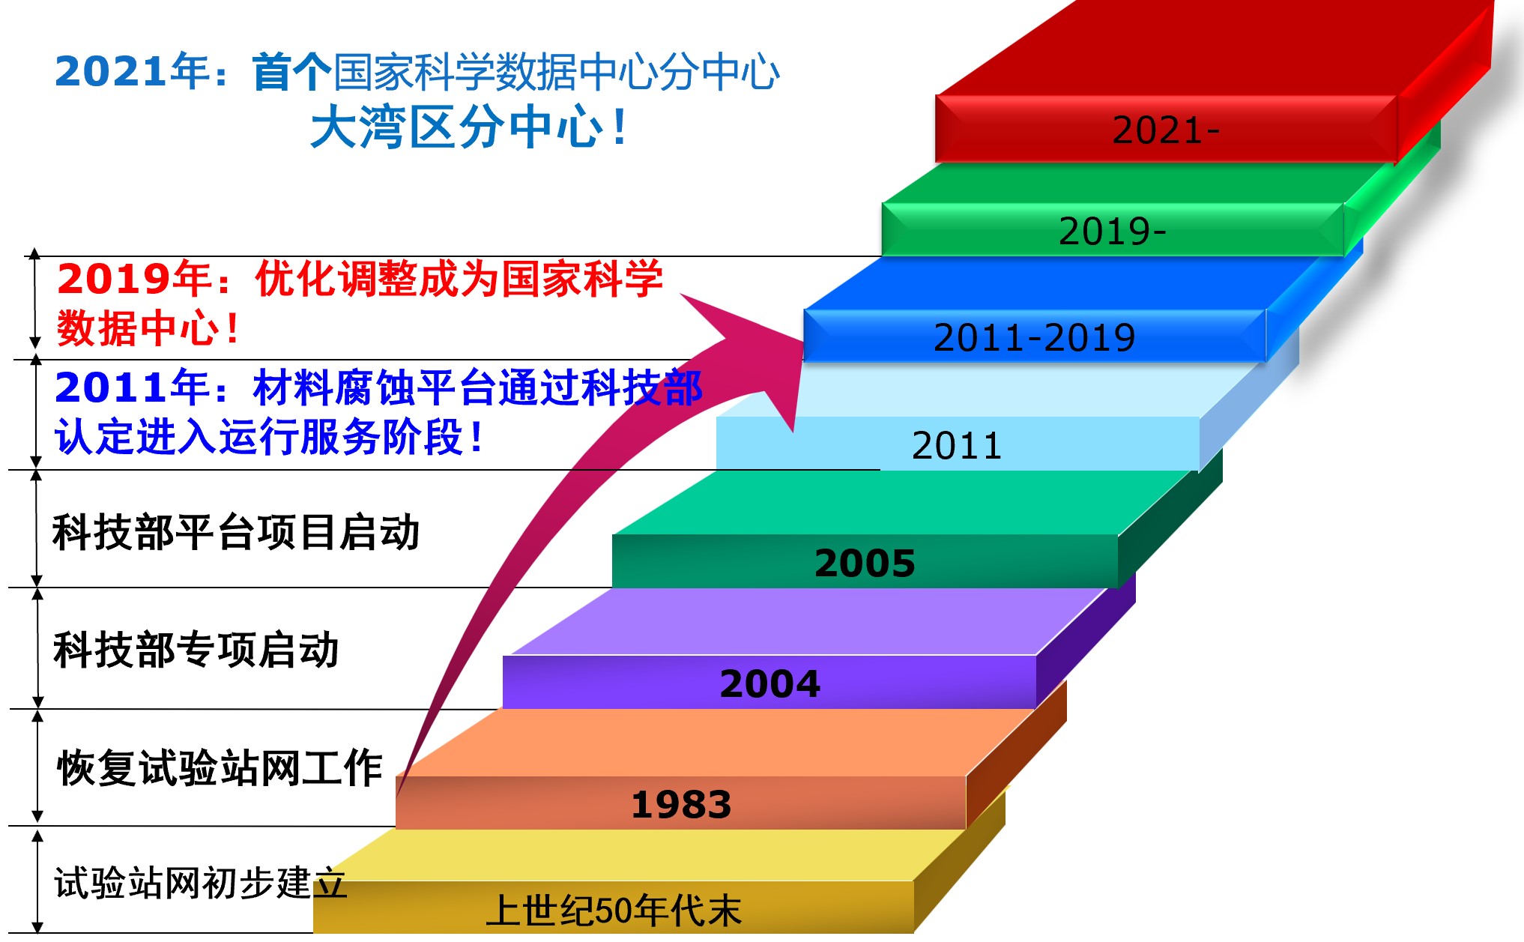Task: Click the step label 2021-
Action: (x=1166, y=130)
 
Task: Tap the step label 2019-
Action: (x=1113, y=231)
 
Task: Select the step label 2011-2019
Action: (x=1034, y=337)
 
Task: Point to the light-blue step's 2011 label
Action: (x=957, y=446)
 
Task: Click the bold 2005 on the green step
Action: (x=865, y=563)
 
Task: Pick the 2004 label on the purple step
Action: (x=769, y=683)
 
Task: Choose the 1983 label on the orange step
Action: (x=681, y=805)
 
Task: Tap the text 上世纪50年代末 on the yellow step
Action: (x=614, y=911)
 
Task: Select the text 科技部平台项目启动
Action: (x=236, y=533)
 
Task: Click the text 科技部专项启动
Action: (x=196, y=650)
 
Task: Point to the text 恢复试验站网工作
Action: (x=220, y=768)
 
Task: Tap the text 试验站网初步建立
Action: (x=200, y=883)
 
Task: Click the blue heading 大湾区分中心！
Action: (x=471, y=127)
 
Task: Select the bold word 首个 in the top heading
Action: (x=291, y=72)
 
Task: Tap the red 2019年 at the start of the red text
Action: (x=134, y=279)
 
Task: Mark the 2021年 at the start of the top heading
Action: (x=132, y=72)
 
